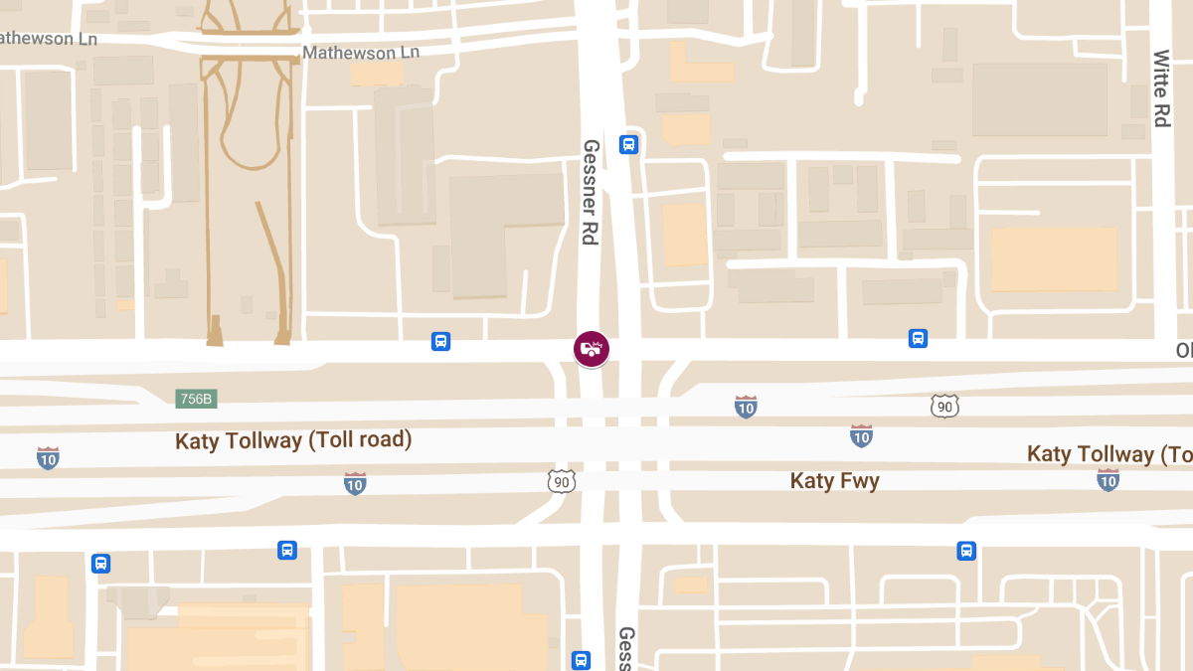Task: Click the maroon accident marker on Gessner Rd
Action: coord(592,349)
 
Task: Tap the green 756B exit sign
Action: coord(196,399)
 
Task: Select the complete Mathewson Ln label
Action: coord(361,52)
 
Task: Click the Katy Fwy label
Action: coord(834,481)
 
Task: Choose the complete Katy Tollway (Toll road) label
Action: coord(293,439)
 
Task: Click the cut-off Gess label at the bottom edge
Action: coord(626,648)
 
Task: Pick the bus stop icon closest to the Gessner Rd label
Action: coord(628,144)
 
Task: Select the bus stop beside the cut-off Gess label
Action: coord(582,660)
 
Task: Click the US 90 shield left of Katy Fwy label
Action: coord(562,481)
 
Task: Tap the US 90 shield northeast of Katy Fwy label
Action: coord(944,406)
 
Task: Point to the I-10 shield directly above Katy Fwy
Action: coord(861,435)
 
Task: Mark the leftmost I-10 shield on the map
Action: coord(48,457)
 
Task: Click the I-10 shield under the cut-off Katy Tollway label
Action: coord(1108,480)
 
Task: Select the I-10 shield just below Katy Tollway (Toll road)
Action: coord(355,483)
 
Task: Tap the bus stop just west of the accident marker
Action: coord(440,342)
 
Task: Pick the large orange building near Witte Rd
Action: coord(1054,258)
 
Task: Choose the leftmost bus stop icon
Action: coord(100,564)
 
